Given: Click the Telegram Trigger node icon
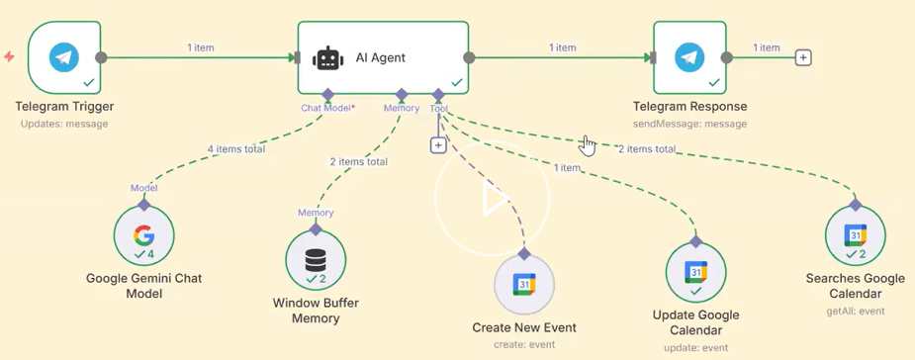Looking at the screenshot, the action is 64,57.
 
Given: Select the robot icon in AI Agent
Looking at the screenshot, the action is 328,58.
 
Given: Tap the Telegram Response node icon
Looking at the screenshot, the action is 689,57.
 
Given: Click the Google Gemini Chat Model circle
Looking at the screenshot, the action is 143,235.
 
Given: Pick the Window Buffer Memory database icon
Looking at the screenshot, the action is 316,260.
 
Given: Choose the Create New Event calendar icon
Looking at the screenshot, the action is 524,284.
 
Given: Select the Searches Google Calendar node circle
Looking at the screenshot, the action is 855,235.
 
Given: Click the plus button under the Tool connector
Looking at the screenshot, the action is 438,144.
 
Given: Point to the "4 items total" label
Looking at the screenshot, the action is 235,148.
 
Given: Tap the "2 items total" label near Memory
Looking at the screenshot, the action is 358,161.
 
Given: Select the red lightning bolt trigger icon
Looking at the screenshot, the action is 9,56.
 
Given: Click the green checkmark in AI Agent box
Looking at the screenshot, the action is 456,83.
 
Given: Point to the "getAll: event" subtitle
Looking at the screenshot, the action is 856,311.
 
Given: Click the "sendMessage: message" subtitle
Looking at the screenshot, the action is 689,124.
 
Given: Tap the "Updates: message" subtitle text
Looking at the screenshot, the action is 64,124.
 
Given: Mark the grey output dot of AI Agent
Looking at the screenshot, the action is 469,57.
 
